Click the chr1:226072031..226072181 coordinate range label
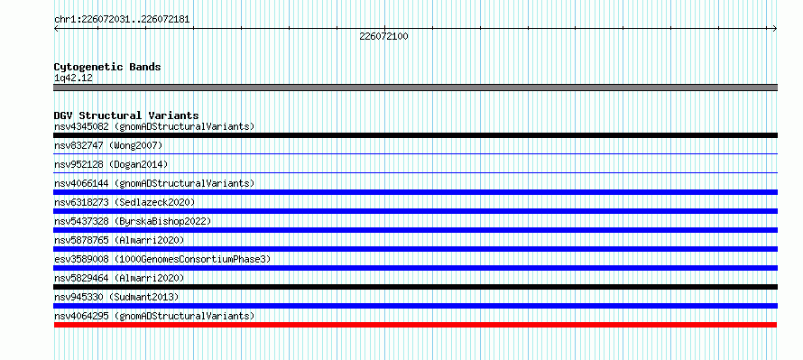tap(122, 20)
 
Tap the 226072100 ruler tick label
tap(384, 37)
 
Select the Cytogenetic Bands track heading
tap(107, 67)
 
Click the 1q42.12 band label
tap(73, 78)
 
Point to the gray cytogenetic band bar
tap(415, 88)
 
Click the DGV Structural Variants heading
tap(126, 115)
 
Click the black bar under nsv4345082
tap(415, 135)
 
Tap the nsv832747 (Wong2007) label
tap(108, 145)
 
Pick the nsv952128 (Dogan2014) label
tap(111, 164)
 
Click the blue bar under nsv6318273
tap(415, 211)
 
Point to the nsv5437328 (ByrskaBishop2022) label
tap(133, 221)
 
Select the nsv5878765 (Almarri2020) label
tap(119, 240)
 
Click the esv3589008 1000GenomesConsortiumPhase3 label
tap(162, 259)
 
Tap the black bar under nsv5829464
tap(415, 287)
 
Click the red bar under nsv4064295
tap(415, 325)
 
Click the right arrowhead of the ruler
tap(775, 28)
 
